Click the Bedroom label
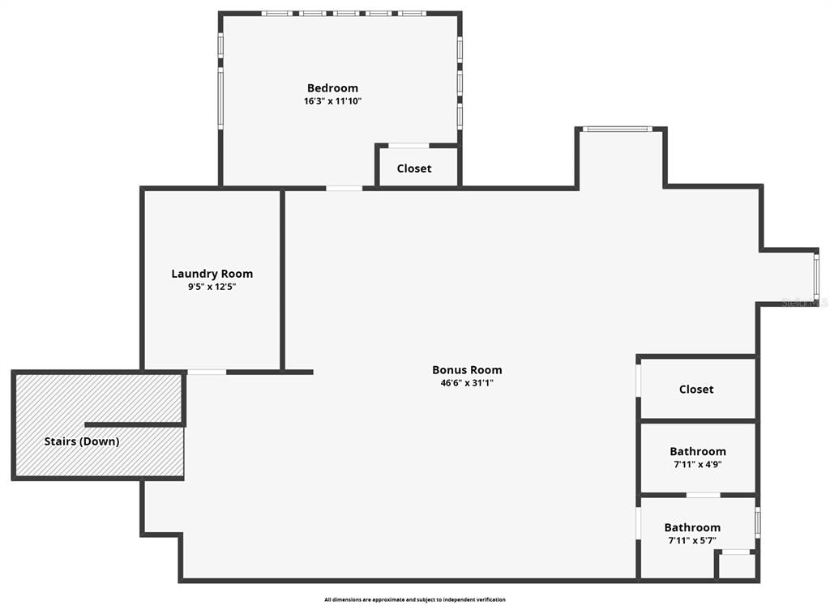tap(332, 88)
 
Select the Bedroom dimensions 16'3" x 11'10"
tap(332, 101)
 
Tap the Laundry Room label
tap(212, 274)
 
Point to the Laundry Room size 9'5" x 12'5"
tap(212, 287)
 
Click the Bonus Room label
tap(467, 370)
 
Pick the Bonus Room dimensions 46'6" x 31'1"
tap(467, 383)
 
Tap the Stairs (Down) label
tap(81, 441)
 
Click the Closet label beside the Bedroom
tap(414, 168)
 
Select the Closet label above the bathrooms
tap(696, 390)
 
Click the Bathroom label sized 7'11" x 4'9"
tap(697, 452)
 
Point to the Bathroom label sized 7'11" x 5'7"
tap(692, 528)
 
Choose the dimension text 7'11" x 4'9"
tap(697, 465)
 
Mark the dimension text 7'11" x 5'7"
tap(692, 540)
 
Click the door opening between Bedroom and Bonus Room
tap(344, 189)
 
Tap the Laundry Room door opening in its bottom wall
tap(207, 372)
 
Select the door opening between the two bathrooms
tap(703, 495)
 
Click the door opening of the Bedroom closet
tap(409, 146)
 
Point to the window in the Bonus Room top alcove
tap(618, 129)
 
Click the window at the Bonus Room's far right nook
tap(816, 275)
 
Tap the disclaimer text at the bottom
tap(414, 599)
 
